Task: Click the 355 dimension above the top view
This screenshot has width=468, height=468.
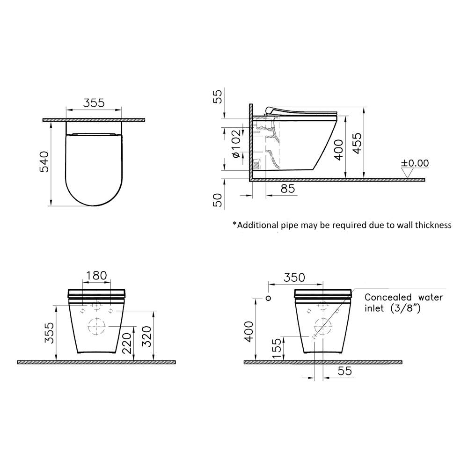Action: point(94,103)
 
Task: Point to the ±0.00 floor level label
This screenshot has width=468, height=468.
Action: point(415,163)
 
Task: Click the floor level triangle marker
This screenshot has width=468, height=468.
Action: point(408,173)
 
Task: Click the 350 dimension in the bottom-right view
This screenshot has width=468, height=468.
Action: point(295,277)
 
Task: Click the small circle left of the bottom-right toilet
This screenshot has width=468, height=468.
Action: point(268,298)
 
